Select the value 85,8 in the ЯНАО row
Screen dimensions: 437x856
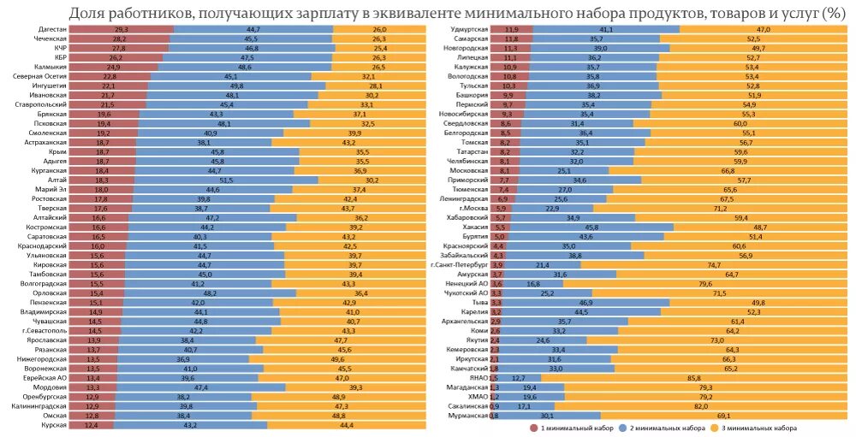[693, 377]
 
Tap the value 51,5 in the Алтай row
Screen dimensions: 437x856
[227, 180]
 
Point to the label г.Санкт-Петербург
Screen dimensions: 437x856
[460, 264]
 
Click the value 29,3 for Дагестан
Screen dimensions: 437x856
[121, 30]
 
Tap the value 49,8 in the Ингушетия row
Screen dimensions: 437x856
[236, 86]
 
